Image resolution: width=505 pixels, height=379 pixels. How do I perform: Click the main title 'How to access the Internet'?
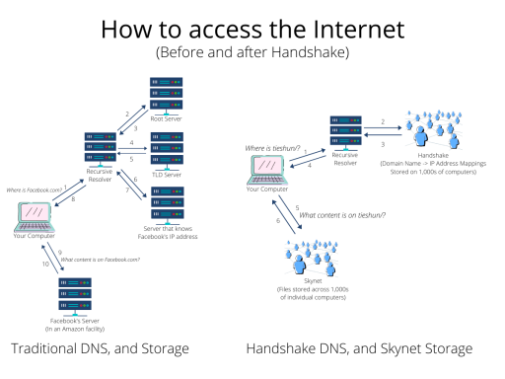tap(252, 29)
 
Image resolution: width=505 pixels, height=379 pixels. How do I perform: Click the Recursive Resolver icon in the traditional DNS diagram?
tap(102, 152)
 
